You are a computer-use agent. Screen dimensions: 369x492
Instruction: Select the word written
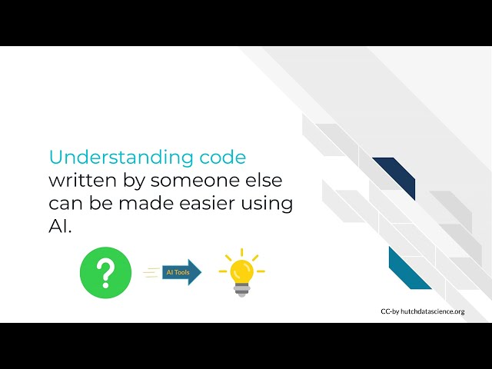[80, 181]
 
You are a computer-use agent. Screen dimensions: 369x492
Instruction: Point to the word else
[261, 181]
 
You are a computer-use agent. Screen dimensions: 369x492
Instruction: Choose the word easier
[215, 204]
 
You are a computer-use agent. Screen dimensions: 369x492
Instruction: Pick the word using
[272, 204]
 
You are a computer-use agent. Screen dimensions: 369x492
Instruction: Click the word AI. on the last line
[59, 228]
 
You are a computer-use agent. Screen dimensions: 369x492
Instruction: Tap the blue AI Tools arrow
[181, 272]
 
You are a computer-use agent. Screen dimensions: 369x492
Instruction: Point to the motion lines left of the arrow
[151, 272]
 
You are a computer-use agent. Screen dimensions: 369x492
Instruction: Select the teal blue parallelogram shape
[409, 268]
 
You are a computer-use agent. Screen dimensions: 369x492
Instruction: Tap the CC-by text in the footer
[391, 312]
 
